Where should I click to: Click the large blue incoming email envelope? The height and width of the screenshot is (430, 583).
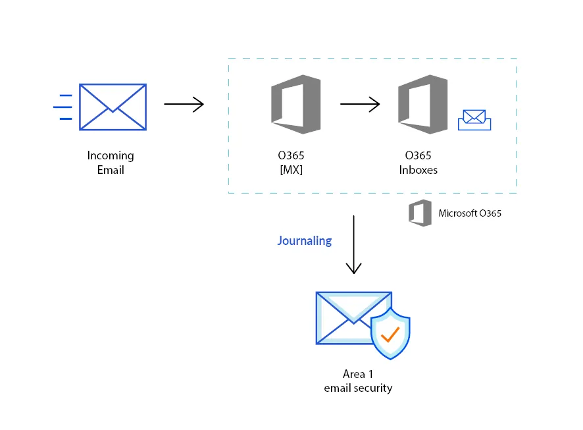click(113, 107)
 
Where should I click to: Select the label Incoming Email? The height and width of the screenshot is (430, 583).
click(110, 163)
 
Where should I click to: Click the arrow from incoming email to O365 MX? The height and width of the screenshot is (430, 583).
click(184, 104)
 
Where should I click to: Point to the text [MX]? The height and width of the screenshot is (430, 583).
click(291, 170)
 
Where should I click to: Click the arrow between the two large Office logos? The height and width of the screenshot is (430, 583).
click(360, 104)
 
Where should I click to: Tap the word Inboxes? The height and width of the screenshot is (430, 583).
click(418, 170)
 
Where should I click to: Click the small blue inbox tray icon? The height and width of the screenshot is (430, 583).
click(474, 121)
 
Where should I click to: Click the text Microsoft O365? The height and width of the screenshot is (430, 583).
click(470, 213)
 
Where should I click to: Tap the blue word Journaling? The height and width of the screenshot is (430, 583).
click(304, 240)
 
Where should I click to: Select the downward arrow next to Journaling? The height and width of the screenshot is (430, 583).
click(354, 244)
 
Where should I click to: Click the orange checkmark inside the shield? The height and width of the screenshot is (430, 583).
click(390, 335)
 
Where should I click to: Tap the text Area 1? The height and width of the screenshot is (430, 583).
click(358, 375)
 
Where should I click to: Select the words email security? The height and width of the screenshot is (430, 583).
click(358, 389)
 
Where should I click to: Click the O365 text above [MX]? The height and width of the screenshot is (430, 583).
click(291, 156)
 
